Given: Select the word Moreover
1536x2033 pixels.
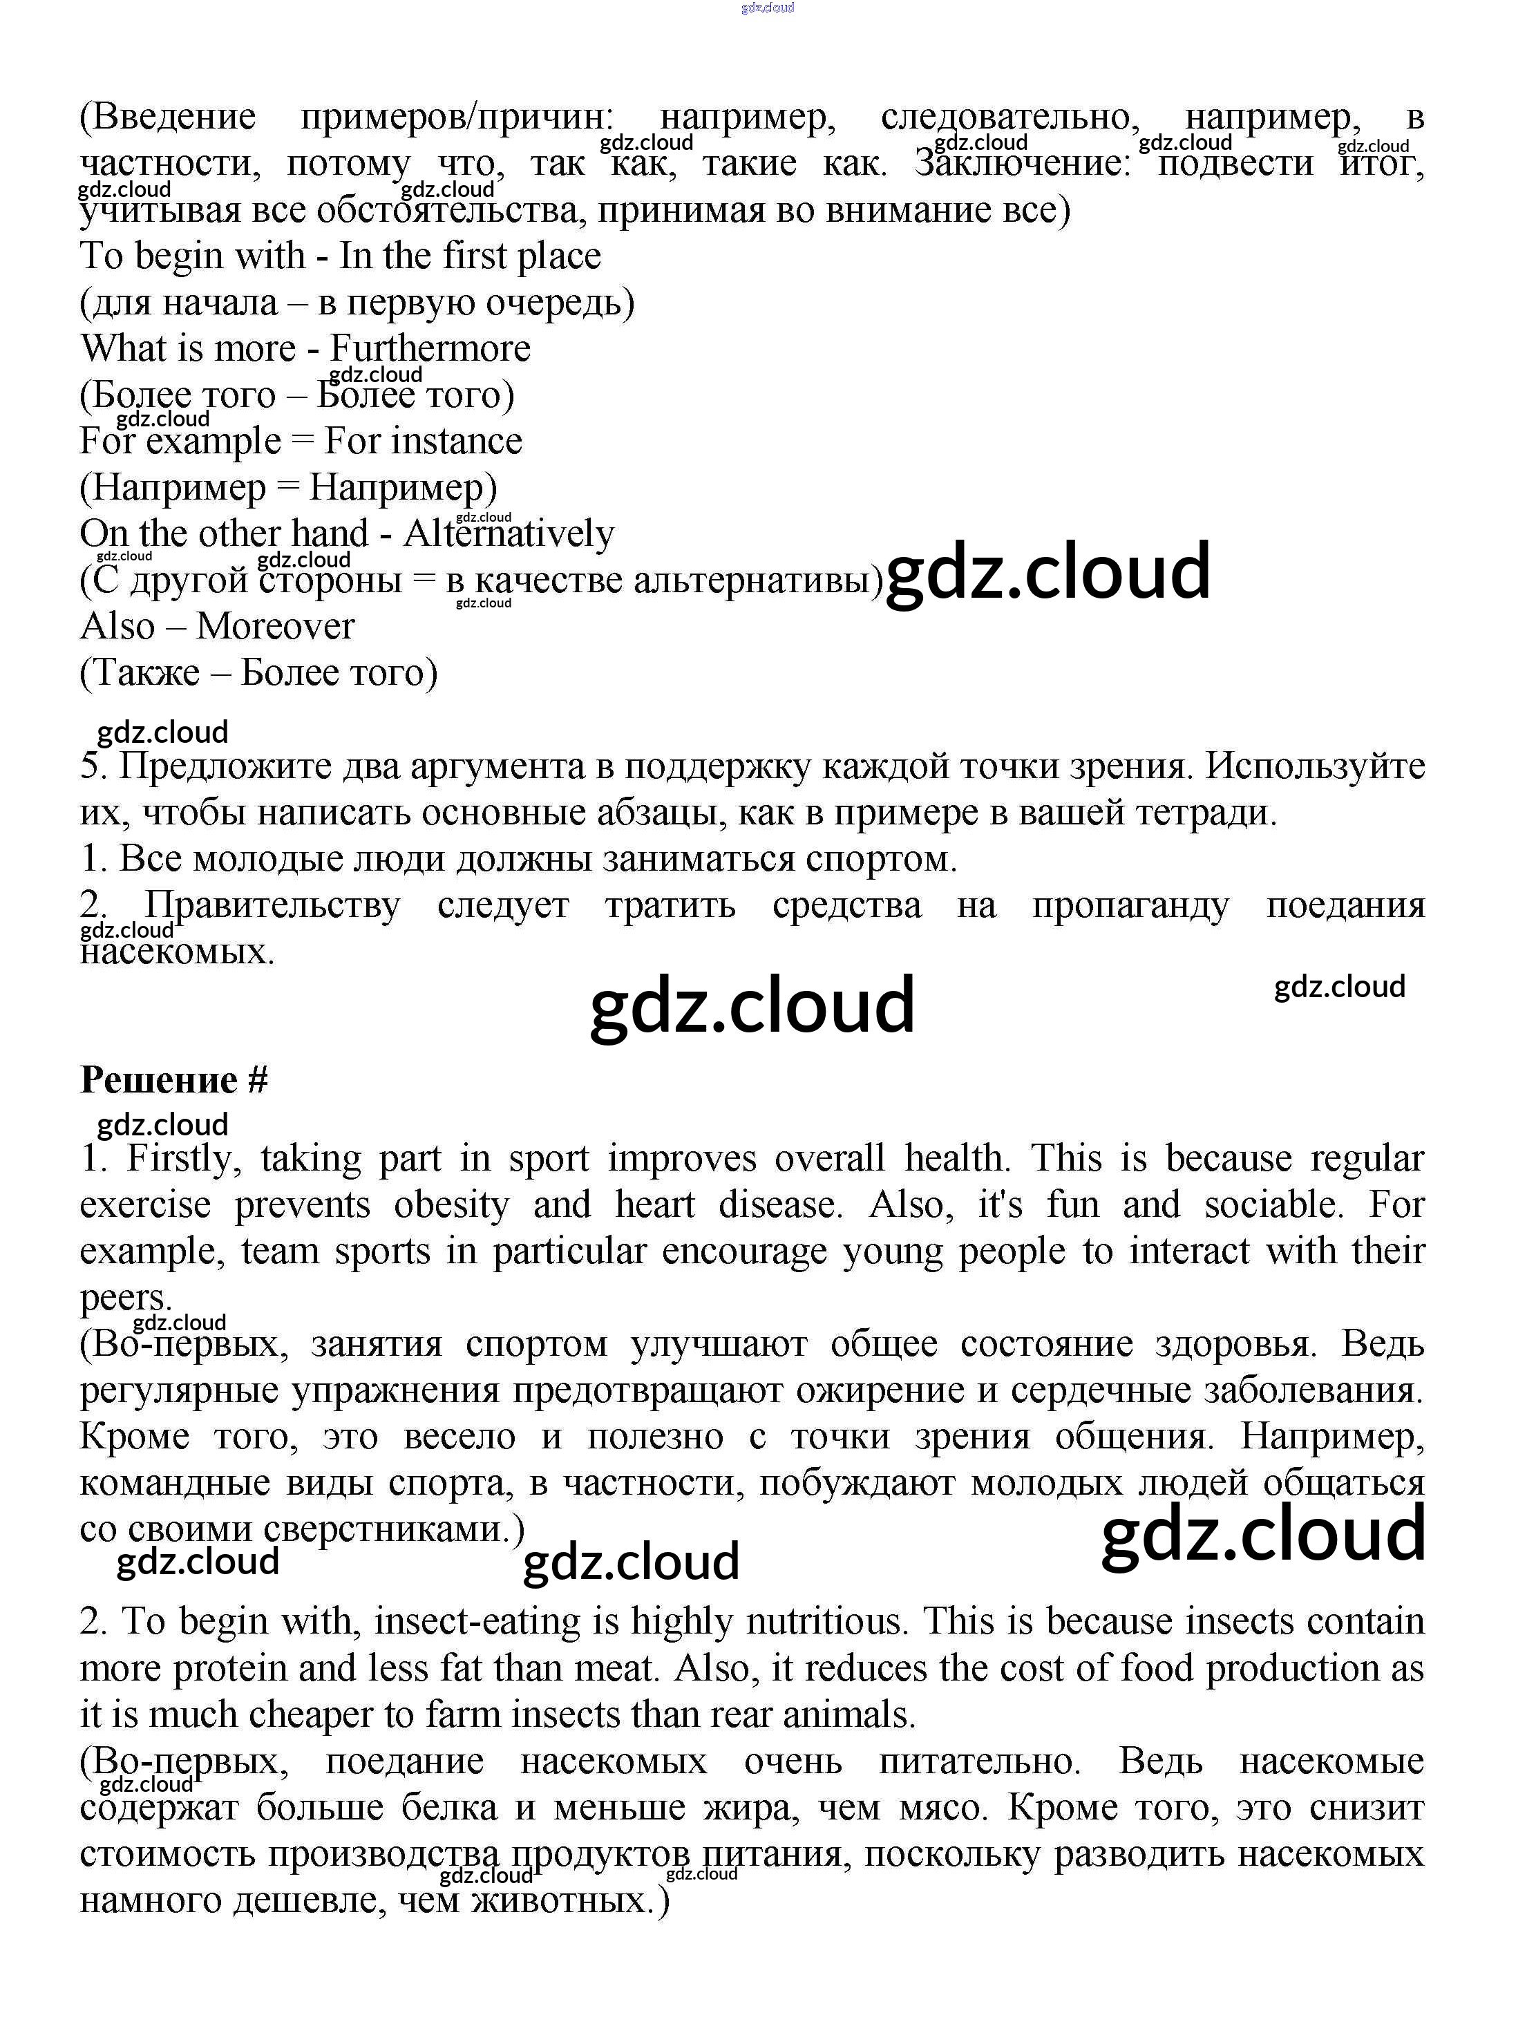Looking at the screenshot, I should tap(275, 627).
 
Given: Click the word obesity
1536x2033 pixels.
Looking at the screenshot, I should tap(451, 1205).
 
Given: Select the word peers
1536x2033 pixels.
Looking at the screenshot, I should tap(126, 1298).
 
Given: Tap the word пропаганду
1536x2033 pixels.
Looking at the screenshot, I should tap(1130, 905).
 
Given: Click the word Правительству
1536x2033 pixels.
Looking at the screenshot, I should tap(272, 905).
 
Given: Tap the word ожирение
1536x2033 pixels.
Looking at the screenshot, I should tap(880, 1390).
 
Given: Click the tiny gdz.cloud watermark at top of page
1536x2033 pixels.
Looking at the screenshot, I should tap(767, 8).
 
